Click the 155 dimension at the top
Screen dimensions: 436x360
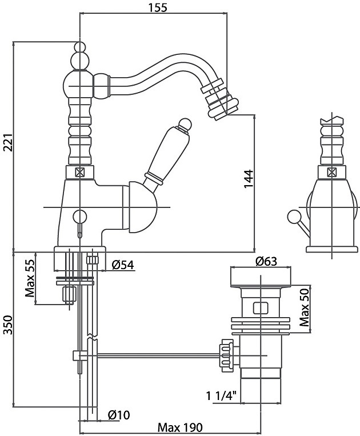click(153, 8)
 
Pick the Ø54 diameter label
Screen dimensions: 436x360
click(122, 264)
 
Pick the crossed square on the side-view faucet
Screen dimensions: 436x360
click(331, 171)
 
